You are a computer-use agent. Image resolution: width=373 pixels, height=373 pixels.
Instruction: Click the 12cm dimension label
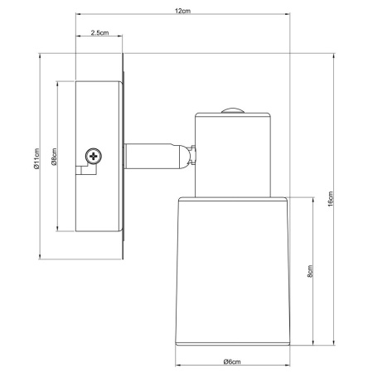tap(182, 11)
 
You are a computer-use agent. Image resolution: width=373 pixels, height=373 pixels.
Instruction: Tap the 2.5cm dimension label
tap(99, 32)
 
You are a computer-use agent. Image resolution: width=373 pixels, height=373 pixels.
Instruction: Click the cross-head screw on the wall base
tap(94, 154)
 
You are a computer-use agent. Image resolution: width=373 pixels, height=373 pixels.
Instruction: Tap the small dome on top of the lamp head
tap(233, 109)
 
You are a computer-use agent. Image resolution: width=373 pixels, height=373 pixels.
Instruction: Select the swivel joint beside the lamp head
tap(191, 156)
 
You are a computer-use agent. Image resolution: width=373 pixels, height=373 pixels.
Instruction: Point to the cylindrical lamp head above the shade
tap(233, 153)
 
